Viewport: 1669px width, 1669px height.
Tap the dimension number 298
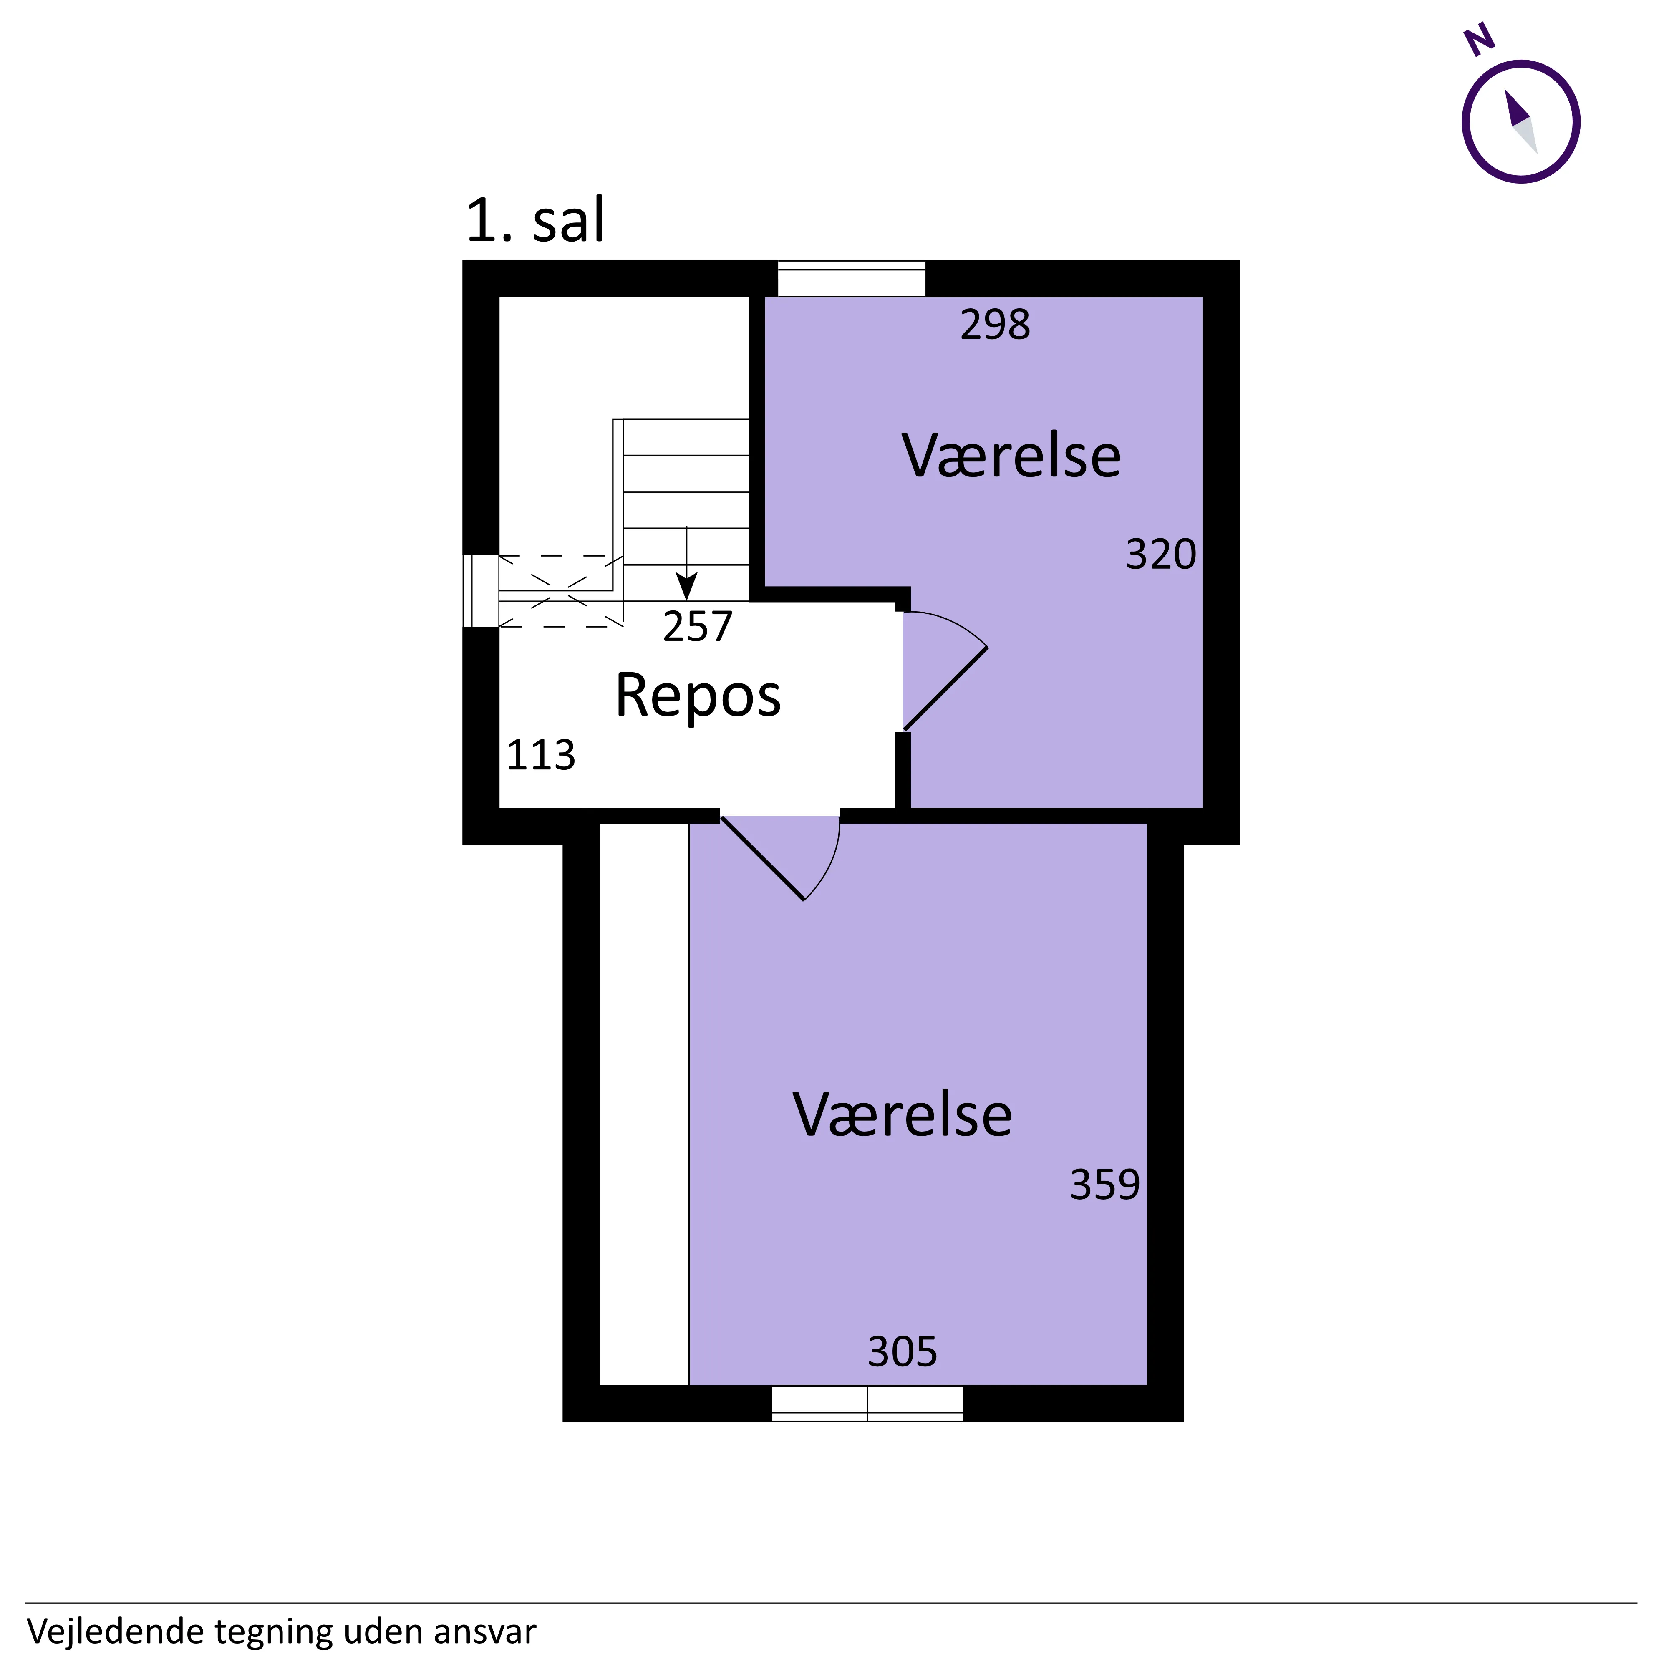coord(995,325)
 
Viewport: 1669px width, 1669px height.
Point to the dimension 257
coord(697,626)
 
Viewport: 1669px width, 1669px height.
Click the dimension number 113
coord(541,755)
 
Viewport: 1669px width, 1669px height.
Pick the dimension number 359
coord(1105,1185)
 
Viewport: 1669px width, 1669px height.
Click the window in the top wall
coord(852,278)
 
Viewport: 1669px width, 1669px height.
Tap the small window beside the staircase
coord(481,591)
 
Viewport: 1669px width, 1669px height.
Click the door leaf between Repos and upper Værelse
coord(945,688)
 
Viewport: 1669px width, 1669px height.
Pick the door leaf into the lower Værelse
coord(763,858)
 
